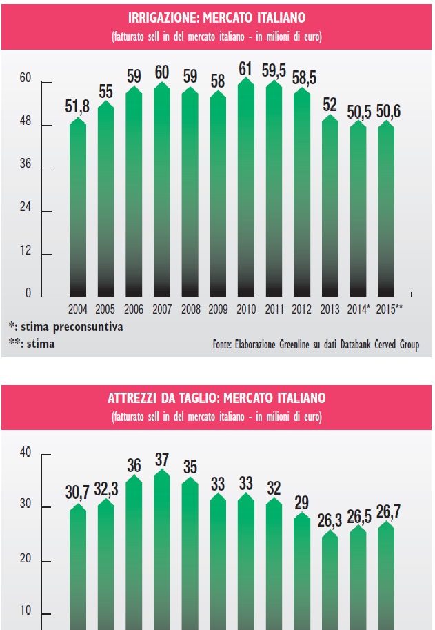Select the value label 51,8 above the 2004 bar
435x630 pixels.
[x=78, y=106]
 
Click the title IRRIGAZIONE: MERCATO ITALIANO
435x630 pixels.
[x=217, y=17]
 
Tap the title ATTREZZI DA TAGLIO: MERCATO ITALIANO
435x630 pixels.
[x=217, y=398]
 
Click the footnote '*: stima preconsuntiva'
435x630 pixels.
[x=65, y=326]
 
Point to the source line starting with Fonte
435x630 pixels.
[x=316, y=344]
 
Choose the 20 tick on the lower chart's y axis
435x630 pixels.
[x=26, y=560]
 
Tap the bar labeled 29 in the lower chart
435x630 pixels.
[x=301, y=573]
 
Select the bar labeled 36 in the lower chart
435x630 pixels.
[x=134, y=552]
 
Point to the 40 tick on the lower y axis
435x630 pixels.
[x=26, y=453]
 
